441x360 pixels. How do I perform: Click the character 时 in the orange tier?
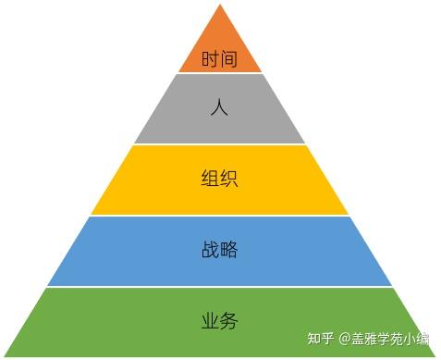click(x=211, y=60)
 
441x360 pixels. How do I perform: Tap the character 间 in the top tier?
click(x=229, y=60)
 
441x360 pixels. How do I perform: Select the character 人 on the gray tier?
click(x=219, y=108)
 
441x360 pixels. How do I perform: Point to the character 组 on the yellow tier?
click(x=210, y=179)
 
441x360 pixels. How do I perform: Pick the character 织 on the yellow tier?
click(x=229, y=179)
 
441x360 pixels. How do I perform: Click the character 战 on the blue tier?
click(x=210, y=250)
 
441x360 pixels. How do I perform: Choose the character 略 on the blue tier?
click(x=229, y=250)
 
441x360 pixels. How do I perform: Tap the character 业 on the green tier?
click(x=210, y=321)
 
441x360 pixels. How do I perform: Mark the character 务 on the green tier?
click(x=229, y=321)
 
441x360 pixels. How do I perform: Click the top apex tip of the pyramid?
click(x=219, y=6)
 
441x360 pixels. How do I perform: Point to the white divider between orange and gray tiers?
click(x=219, y=73)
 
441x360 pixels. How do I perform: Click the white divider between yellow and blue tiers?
click(x=219, y=216)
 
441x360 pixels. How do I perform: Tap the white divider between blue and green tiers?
click(x=219, y=287)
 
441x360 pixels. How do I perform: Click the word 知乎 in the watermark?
click(x=321, y=340)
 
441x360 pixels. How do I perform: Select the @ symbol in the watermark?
click(x=345, y=340)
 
